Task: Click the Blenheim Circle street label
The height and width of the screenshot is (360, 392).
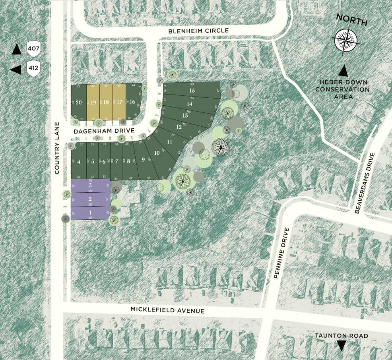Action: coord(198,31)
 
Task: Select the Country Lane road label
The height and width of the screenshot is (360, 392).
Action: coord(57,148)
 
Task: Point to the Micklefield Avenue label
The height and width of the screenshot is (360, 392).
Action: coord(167,310)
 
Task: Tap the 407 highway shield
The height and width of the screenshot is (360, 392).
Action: coord(33,49)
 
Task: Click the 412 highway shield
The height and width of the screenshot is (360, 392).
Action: coord(33,68)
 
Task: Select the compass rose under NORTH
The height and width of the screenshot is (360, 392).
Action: coord(345,41)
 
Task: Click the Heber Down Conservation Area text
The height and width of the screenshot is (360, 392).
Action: coord(342,89)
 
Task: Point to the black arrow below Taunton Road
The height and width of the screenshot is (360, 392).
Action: coord(341,346)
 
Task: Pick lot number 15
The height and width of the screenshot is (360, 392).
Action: coord(192,91)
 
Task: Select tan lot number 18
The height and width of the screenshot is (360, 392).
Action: coord(106,102)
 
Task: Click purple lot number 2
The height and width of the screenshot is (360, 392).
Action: coord(90,199)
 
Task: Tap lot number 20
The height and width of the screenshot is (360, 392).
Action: coord(79,102)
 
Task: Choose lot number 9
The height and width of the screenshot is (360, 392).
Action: coord(143,160)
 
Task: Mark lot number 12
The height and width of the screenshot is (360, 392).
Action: coord(179,127)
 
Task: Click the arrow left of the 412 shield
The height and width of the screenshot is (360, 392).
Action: coord(16,70)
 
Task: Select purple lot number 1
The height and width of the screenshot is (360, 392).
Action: coord(90,213)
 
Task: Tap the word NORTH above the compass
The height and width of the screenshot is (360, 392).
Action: coord(351,21)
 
